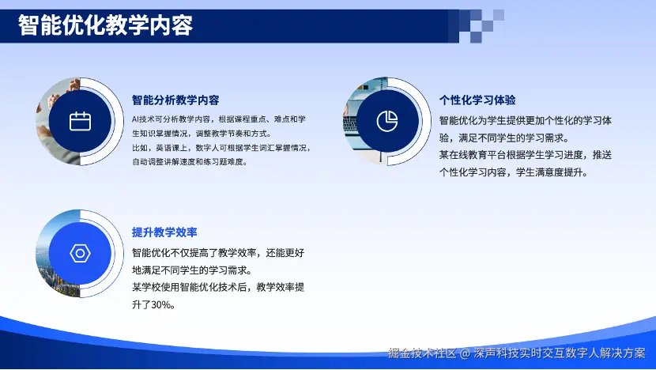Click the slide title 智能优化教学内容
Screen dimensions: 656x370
(105, 25)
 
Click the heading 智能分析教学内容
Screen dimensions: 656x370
(175, 100)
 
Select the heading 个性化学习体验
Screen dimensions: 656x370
(477, 100)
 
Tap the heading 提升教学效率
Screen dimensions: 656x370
(164, 232)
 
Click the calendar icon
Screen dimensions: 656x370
(80, 122)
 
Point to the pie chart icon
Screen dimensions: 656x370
(387, 122)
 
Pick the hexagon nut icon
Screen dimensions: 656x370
(80, 254)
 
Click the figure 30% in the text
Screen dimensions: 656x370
(161, 304)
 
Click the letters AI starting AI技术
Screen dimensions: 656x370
(136, 119)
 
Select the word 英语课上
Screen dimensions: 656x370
(172, 148)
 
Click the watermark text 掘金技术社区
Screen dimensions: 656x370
(422, 353)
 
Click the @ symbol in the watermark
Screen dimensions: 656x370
(465, 353)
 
